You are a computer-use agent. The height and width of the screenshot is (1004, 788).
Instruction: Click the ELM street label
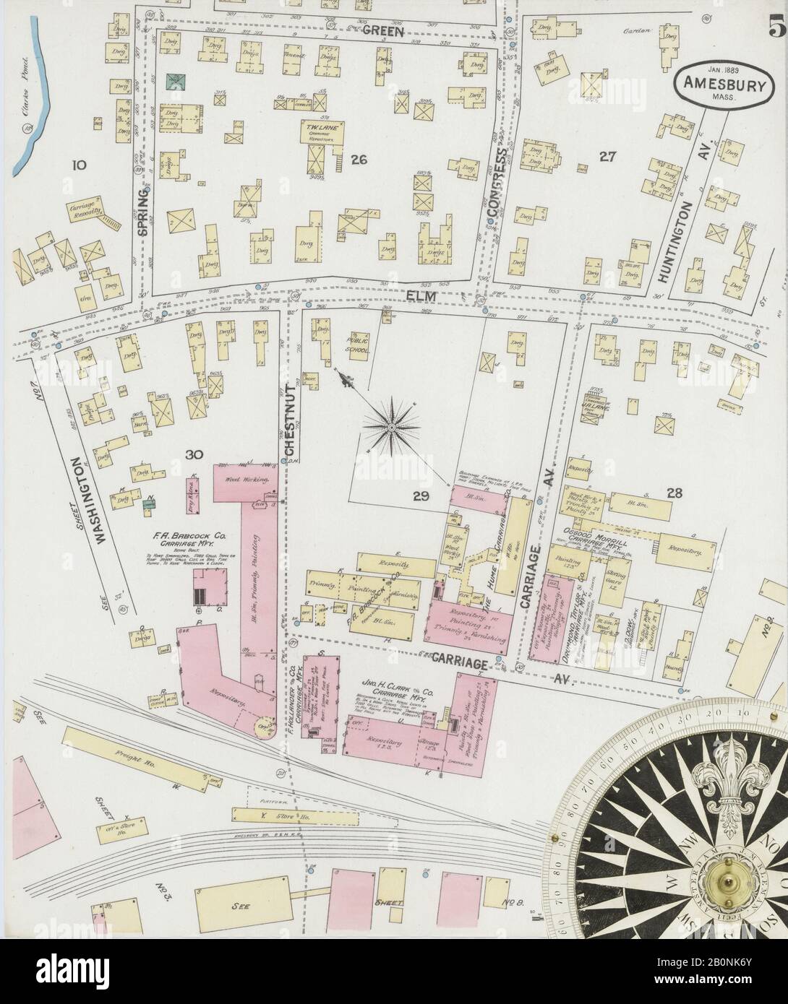click(383, 294)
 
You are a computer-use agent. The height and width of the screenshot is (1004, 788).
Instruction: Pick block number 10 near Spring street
click(78, 165)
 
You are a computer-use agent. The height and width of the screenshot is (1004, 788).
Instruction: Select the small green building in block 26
click(175, 82)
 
